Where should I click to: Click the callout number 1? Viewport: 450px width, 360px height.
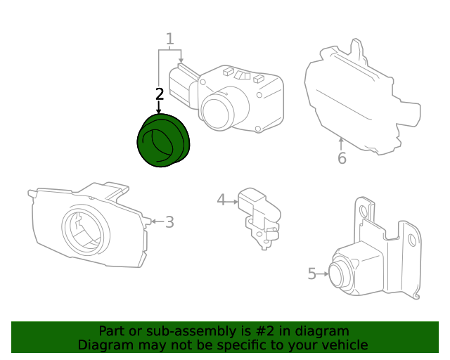(x=169, y=39)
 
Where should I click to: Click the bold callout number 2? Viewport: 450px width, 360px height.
(x=160, y=94)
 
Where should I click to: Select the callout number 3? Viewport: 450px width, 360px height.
(x=169, y=222)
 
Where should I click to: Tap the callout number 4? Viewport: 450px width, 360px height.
(x=221, y=200)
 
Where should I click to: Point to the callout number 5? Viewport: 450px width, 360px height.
(x=312, y=274)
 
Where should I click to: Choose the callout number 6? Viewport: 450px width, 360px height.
(x=342, y=158)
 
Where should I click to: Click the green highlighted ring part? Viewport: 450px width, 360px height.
(x=163, y=141)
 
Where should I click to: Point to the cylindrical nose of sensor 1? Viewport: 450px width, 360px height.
(x=219, y=110)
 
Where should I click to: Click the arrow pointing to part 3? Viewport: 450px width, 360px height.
(x=156, y=221)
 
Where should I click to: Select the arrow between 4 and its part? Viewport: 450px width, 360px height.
(x=233, y=201)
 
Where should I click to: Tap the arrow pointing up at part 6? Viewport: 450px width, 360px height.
(x=341, y=143)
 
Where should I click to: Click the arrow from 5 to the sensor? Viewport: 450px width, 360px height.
(x=325, y=274)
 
